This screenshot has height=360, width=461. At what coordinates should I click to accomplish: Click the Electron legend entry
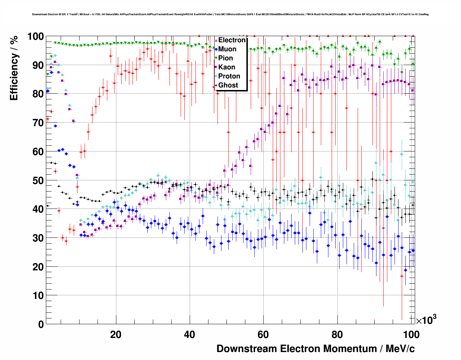(232, 40)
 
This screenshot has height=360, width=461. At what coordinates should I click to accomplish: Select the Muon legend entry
(227, 49)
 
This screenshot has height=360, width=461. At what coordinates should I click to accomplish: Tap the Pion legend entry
(225, 58)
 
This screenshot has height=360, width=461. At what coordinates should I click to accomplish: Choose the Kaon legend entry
(227, 67)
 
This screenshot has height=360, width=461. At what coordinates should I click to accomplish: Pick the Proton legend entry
(229, 76)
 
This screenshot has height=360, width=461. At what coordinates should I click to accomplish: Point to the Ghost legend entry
(228, 85)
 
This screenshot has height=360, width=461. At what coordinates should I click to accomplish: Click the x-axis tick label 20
(116, 335)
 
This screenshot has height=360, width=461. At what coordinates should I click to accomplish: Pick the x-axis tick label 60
(263, 335)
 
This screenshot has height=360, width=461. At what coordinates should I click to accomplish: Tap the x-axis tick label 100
(411, 335)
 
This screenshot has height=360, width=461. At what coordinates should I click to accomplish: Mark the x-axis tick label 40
(190, 335)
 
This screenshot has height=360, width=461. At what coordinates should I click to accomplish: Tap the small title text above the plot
(230, 14)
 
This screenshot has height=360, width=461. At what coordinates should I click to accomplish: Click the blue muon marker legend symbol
(216, 49)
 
